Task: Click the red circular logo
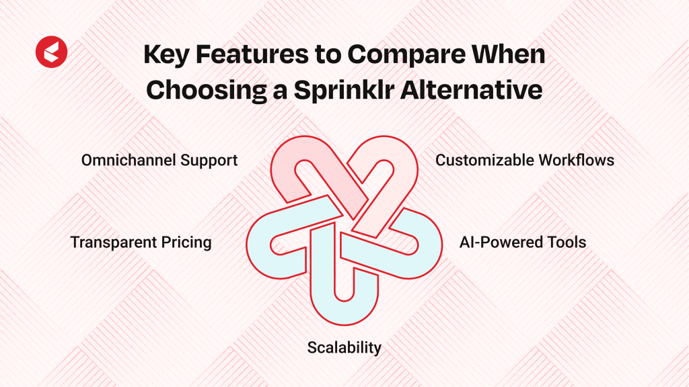coord(51,52)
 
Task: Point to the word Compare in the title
coord(406,55)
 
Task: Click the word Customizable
coord(484,160)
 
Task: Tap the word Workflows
coord(577,160)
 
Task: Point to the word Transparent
coord(113,242)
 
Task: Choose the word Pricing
coord(186,243)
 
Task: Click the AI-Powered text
coord(495,242)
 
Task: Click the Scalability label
coord(344,347)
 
